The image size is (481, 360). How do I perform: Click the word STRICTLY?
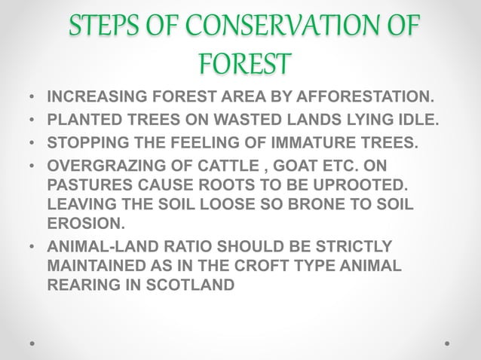point(354,246)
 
